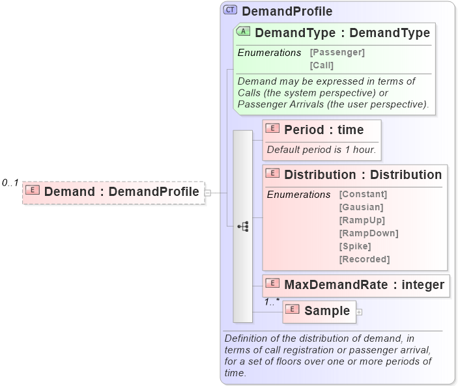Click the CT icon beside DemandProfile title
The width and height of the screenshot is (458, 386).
(231, 10)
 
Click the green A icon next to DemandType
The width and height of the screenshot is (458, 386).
(244, 32)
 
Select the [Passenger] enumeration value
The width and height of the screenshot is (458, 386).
(337, 52)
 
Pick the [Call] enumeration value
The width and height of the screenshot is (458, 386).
(321, 65)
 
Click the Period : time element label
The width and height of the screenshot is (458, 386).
(324, 130)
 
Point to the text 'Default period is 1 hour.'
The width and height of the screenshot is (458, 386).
(321, 150)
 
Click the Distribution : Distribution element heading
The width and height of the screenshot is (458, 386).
(363, 174)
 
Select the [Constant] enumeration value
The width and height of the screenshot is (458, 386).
(363, 194)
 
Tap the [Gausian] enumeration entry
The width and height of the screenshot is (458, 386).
(361, 207)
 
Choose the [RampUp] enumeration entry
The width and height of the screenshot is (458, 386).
(362, 220)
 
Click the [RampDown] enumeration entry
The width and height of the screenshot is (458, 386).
(368, 233)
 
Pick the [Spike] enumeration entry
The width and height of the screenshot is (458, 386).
(355, 246)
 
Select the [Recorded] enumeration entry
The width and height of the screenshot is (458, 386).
(364, 259)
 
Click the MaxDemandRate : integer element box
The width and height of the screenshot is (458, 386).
(356, 284)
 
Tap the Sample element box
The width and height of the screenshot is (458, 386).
(319, 311)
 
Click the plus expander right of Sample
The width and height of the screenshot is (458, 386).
(359, 312)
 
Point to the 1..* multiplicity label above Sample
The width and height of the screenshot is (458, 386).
(272, 301)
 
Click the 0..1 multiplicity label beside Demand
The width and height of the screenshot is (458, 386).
(10, 183)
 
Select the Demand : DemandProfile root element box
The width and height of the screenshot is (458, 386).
(113, 192)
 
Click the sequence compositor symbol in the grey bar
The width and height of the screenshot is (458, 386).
(243, 227)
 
